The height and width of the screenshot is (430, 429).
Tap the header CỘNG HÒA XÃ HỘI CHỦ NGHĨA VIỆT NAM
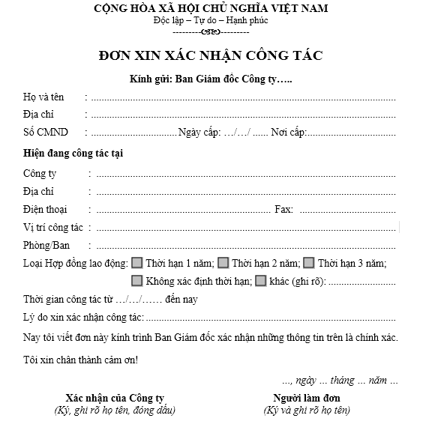point(211,9)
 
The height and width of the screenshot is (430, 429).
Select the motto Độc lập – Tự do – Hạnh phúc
point(211,21)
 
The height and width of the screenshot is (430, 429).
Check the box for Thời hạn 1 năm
point(137,263)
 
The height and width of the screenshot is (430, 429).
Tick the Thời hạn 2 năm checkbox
point(223,263)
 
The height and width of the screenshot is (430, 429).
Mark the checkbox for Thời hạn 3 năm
point(308,263)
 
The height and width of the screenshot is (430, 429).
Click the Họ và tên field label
point(43,97)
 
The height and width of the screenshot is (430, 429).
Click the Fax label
point(283,210)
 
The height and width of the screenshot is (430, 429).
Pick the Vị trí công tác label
point(53,228)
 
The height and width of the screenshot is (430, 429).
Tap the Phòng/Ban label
point(46,246)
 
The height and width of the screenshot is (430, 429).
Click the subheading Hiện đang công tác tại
point(73,154)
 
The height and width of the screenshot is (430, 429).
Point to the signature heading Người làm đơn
point(307,398)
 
